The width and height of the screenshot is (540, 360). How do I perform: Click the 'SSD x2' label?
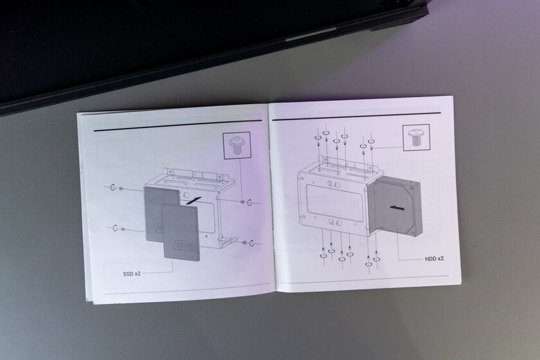pyautogui.click(x=132, y=274)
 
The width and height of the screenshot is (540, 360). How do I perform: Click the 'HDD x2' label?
pyautogui.click(x=435, y=258)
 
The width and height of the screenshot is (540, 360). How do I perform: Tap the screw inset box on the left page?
pyautogui.click(x=237, y=145)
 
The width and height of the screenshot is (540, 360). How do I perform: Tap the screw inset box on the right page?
pyautogui.click(x=417, y=138)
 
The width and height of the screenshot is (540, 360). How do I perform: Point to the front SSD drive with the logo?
pyautogui.click(x=181, y=231)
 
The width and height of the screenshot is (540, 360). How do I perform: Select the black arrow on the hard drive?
pyautogui.click(x=397, y=208)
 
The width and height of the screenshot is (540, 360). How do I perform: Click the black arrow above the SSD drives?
pyautogui.click(x=194, y=201)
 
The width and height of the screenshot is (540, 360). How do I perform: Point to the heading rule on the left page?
pyautogui.click(x=177, y=126)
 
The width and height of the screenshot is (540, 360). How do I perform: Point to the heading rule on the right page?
pyautogui.click(x=356, y=116)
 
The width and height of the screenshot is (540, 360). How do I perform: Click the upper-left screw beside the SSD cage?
pyautogui.click(x=116, y=188)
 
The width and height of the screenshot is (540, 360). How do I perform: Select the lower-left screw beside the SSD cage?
pyautogui.click(x=118, y=228)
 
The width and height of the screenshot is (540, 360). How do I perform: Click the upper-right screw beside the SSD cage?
pyautogui.click(x=247, y=202)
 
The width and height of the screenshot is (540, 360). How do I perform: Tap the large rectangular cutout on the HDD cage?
pyautogui.click(x=334, y=203)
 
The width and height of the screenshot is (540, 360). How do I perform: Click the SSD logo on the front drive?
pyautogui.click(x=185, y=246)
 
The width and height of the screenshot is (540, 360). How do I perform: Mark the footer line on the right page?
pyautogui.click(x=364, y=280)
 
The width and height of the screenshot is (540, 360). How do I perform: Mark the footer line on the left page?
pyautogui.click(x=187, y=289)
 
